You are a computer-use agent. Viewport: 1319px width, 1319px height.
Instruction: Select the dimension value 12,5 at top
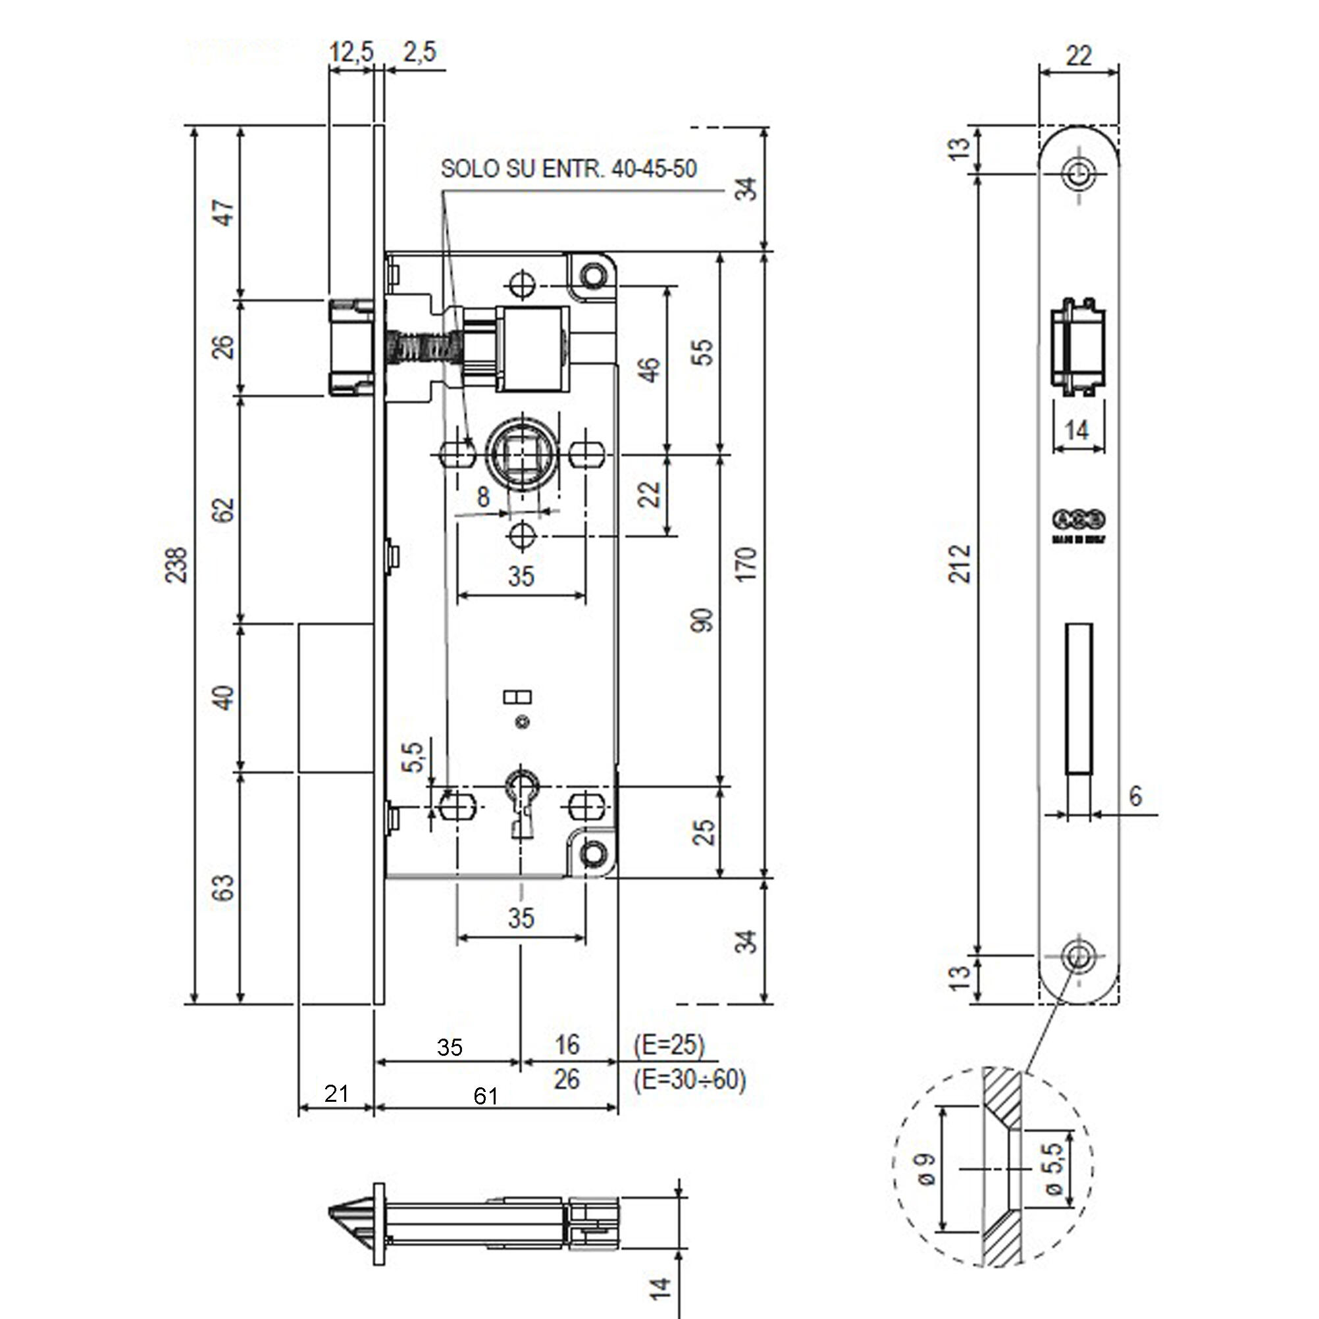tap(351, 52)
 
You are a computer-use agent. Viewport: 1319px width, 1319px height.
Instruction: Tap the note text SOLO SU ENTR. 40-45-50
tap(569, 168)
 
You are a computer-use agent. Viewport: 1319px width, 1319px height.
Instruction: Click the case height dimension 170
tap(748, 564)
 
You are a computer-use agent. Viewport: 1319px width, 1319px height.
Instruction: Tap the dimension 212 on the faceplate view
tap(961, 564)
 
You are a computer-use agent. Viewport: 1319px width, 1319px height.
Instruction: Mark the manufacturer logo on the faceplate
tap(1079, 519)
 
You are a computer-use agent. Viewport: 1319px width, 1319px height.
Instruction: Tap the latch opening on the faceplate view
tap(1078, 348)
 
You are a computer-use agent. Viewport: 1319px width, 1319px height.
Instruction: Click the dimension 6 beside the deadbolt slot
tap(1135, 796)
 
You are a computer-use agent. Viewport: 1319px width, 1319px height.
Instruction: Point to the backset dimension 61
tap(485, 1097)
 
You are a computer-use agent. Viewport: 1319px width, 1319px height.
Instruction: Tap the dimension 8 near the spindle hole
tap(482, 497)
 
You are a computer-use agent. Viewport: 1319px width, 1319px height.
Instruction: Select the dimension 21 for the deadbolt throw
tap(336, 1093)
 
